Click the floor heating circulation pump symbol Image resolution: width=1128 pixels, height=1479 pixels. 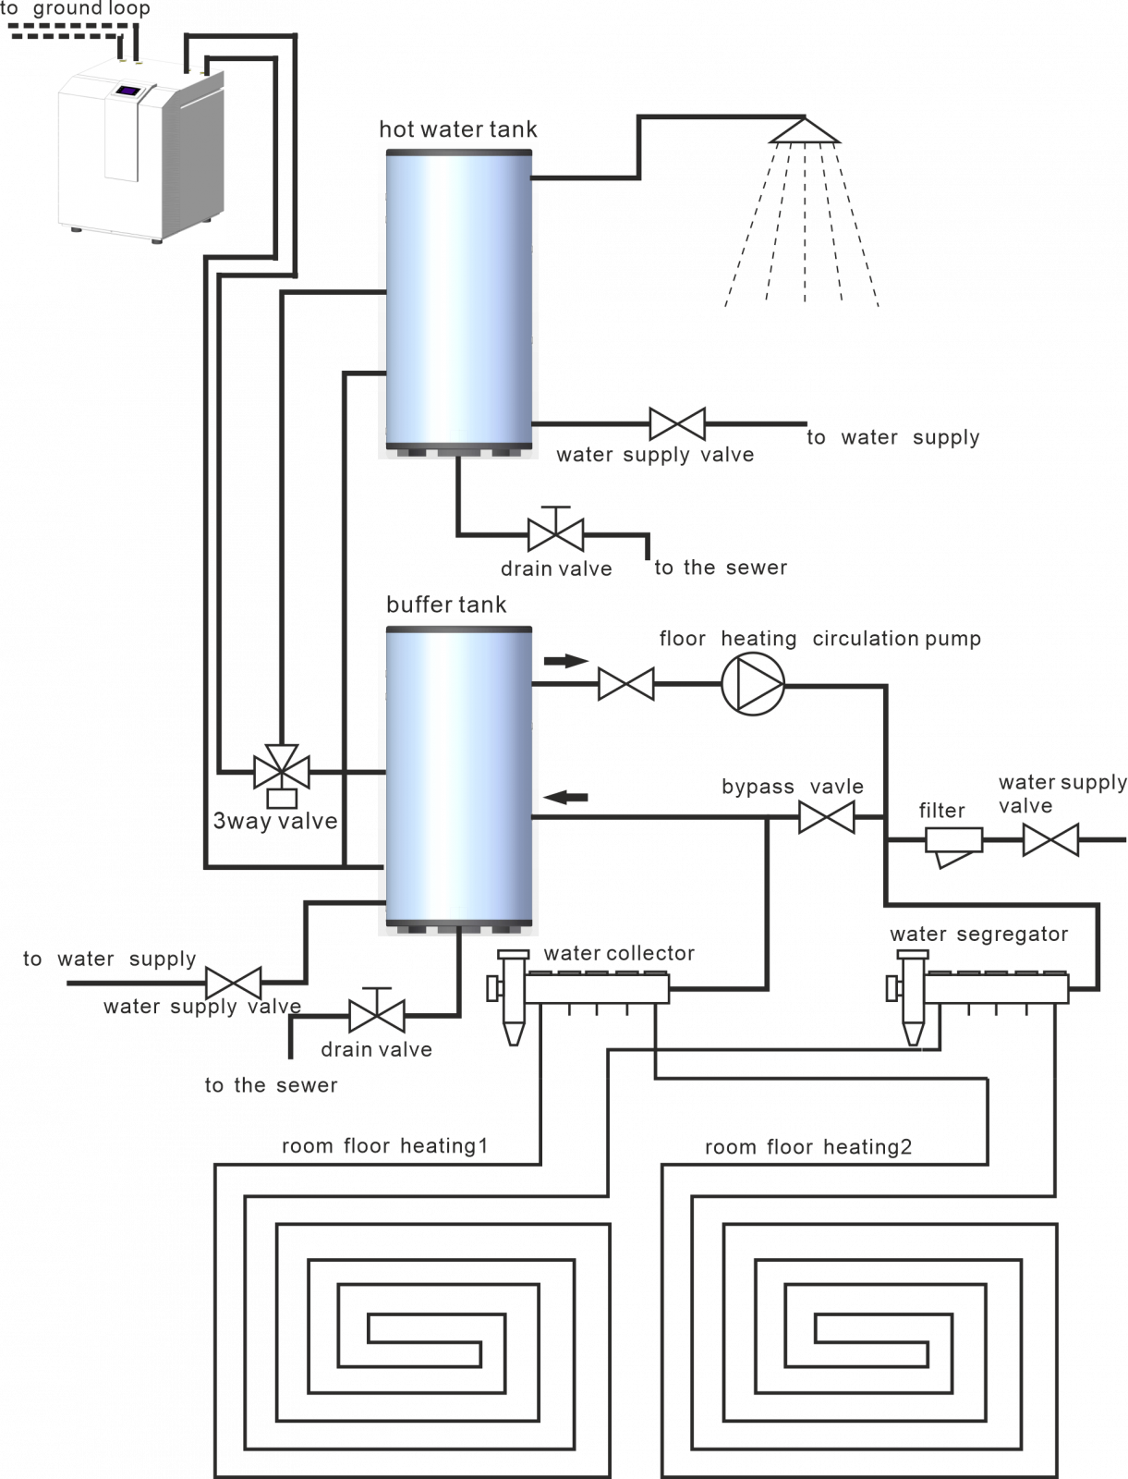(x=752, y=684)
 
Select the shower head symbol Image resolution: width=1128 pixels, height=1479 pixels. (x=806, y=132)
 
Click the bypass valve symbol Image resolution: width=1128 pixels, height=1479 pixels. (x=826, y=817)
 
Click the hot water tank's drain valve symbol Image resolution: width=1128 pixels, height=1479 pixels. (x=555, y=532)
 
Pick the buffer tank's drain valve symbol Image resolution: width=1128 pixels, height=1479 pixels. (x=376, y=1015)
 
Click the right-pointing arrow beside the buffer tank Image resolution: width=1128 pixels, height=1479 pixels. (x=565, y=661)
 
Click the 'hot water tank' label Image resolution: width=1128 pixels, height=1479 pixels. (x=458, y=129)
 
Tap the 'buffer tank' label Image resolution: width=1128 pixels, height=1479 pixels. (x=446, y=605)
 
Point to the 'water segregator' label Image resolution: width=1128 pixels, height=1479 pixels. (x=978, y=935)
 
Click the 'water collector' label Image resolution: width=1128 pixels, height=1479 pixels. (x=619, y=953)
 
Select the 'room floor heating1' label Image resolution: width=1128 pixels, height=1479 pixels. (x=384, y=1146)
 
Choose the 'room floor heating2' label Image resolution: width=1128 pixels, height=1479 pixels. (x=808, y=1147)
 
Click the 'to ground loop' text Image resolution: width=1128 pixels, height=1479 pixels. (x=76, y=10)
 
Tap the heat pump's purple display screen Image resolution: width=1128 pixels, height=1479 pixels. (x=128, y=91)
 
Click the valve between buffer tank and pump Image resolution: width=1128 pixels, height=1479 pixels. (x=626, y=684)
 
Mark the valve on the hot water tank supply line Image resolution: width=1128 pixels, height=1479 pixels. (x=677, y=424)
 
